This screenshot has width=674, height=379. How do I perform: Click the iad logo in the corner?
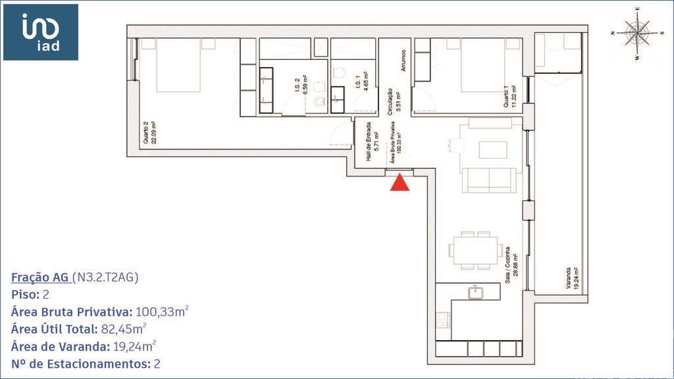point(41,32)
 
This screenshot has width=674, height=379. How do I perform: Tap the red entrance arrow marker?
point(400,182)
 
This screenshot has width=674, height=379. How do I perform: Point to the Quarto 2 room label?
point(149,135)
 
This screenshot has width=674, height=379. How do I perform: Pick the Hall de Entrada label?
point(372,138)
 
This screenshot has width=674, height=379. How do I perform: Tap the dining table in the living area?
point(475,250)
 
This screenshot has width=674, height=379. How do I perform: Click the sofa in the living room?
point(488,180)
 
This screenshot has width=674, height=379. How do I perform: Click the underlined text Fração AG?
point(40,277)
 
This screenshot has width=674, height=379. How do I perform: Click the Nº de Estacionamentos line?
point(86,363)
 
